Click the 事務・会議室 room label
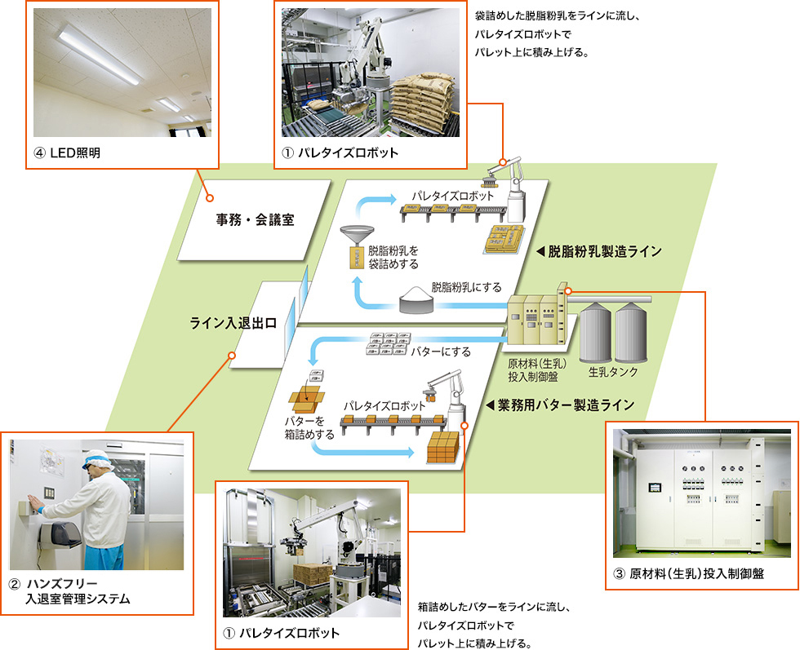pyautogui.click(x=255, y=220)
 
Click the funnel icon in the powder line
pyautogui.click(x=358, y=237)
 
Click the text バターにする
pyautogui.click(x=439, y=352)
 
